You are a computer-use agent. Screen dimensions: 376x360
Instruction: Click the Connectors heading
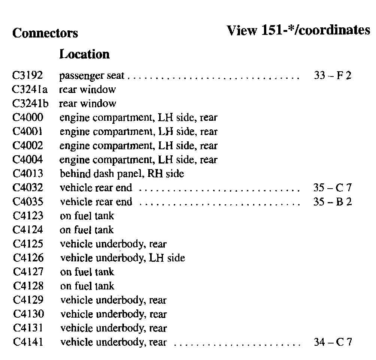45,33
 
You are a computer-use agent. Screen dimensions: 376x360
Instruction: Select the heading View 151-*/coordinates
298,30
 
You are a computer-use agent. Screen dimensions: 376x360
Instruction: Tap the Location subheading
85,54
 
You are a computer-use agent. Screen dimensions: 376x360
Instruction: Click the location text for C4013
122,174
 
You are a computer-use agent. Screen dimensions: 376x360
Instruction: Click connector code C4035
28,202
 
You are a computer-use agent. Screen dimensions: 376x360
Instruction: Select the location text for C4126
122,258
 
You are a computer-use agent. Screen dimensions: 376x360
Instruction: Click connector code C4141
28,342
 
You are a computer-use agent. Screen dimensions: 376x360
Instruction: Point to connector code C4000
28,118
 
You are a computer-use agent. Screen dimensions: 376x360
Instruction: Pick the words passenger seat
92,76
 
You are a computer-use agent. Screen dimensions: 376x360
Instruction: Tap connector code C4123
28,216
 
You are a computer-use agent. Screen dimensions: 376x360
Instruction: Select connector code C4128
28,286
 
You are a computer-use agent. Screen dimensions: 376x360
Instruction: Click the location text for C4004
139,160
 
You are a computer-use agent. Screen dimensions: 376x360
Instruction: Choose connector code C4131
28,328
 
